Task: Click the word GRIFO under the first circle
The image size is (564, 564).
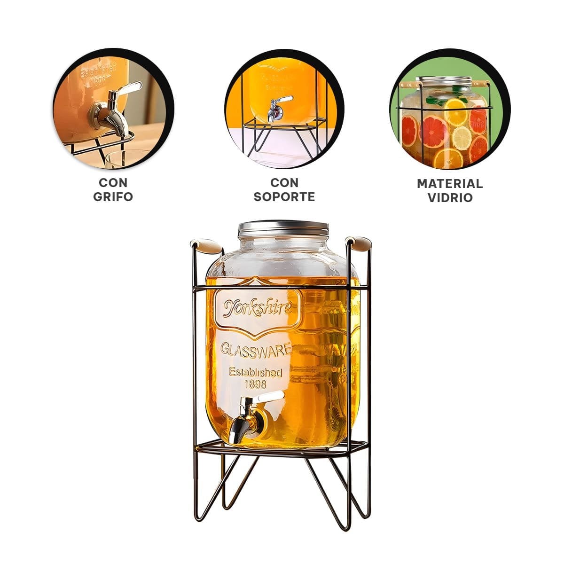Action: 113,196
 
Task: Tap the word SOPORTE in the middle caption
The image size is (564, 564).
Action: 284,196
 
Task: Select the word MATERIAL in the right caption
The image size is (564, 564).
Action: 450,184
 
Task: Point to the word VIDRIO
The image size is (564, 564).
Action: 450,198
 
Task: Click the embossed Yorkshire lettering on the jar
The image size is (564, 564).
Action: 258,308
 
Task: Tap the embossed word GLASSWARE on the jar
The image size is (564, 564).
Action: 256,350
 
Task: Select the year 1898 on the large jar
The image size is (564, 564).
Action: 256,384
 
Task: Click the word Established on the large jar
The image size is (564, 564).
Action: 255,372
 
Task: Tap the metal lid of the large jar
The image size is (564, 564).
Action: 283,228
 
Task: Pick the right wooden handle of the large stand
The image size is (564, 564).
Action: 358,243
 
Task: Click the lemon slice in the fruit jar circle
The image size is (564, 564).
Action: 462,138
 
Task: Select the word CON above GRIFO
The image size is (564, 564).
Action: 113,183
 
